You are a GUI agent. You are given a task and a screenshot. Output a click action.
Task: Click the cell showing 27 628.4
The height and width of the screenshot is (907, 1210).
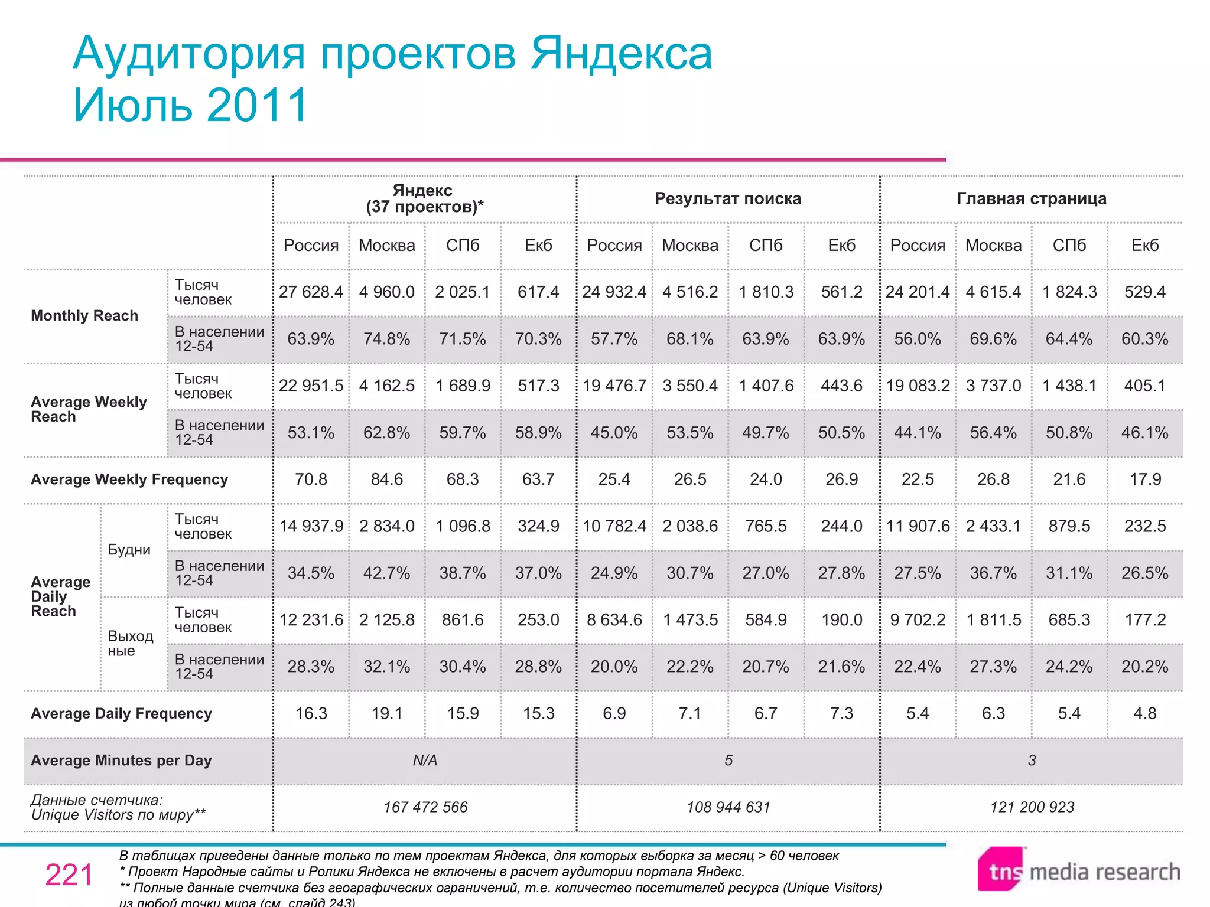tap(311, 292)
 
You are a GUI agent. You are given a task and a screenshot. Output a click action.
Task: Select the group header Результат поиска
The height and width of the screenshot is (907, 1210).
tap(728, 198)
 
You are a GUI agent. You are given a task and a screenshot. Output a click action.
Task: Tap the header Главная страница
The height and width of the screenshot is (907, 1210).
tap(1031, 198)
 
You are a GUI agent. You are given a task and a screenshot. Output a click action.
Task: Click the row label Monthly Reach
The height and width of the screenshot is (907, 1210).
tap(84, 315)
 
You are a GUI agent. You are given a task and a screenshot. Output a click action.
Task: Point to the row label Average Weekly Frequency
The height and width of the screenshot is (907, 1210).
tap(129, 479)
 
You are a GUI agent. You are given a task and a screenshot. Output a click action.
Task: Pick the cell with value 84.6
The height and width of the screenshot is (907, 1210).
tap(386, 479)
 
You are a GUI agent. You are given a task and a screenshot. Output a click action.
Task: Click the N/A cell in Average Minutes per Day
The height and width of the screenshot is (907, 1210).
tap(425, 761)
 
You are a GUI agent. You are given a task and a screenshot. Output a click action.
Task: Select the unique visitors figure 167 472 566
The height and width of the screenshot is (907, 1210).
tap(425, 807)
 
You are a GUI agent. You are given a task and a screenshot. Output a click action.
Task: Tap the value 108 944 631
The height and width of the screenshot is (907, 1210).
tap(728, 807)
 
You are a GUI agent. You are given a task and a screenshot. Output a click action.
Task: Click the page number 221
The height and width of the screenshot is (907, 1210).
tap(69, 875)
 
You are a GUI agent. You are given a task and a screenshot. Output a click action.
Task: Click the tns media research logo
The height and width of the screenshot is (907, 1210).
tap(1079, 870)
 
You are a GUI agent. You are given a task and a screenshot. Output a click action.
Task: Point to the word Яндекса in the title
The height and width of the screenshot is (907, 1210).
tap(621, 54)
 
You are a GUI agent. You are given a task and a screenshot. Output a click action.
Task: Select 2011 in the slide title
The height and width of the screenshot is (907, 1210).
tap(258, 105)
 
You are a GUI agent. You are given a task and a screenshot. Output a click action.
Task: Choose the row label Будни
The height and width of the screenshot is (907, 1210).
tap(129, 550)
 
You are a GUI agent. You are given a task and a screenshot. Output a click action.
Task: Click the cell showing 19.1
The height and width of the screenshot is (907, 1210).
tap(386, 713)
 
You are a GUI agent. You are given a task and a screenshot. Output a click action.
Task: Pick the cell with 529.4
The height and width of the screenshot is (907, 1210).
tap(1144, 292)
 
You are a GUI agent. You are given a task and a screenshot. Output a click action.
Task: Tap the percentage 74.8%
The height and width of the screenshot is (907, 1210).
tap(386, 339)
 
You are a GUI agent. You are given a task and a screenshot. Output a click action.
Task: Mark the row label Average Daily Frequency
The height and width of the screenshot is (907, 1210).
tap(121, 713)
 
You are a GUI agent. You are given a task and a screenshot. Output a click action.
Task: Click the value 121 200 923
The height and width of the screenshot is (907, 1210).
tap(1032, 807)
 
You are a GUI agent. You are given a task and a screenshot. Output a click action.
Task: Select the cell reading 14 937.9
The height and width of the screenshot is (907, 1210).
tap(311, 526)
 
